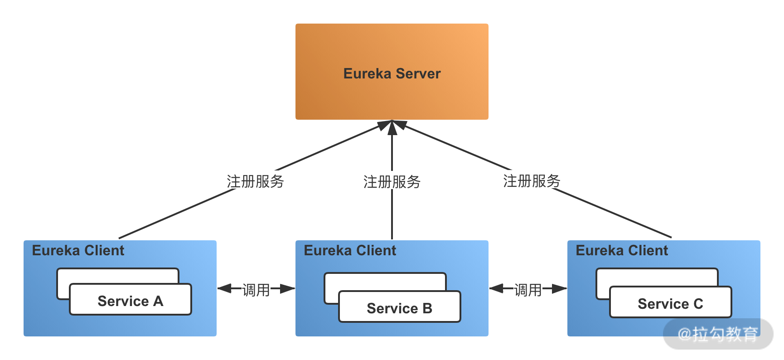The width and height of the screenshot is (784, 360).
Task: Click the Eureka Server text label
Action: [x=392, y=73]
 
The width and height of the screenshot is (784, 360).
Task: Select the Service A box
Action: [x=131, y=300]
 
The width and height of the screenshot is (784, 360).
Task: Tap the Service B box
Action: [x=399, y=307]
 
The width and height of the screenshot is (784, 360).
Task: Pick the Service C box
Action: [x=670, y=302]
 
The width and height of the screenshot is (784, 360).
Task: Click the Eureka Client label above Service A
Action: [x=78, y=250]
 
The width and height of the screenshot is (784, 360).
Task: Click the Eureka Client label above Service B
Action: [x=350, y=250]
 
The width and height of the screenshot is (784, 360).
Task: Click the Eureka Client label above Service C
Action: [x=622, y=250]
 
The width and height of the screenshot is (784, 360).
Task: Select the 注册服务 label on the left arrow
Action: [x=255, y=180]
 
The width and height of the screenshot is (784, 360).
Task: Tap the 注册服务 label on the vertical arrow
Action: [x=392, y=181]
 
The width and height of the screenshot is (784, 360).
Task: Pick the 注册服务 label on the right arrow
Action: [x=531, y=180]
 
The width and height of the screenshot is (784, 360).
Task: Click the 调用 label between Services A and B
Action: [x=256, y=289]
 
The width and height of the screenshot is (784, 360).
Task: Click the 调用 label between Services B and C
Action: [x=528, y=289]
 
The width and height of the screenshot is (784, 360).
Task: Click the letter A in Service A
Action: [x=158, y=301]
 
